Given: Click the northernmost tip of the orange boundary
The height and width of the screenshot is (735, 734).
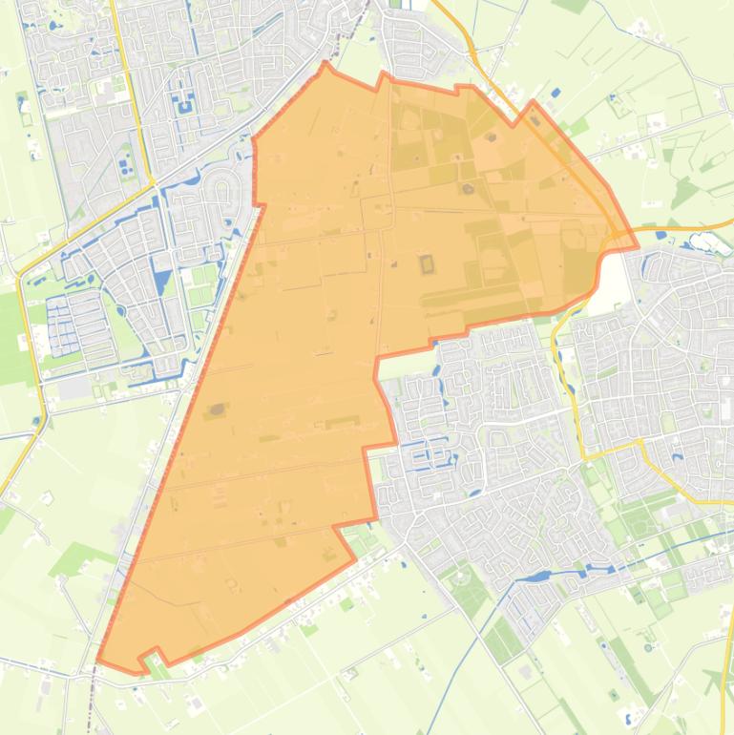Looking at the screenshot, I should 325,63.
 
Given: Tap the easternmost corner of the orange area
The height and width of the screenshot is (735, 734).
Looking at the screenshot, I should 637,247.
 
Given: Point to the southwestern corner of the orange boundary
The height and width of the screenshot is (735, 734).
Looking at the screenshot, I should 98,660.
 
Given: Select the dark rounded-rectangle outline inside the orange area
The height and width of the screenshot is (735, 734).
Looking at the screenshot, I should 426,262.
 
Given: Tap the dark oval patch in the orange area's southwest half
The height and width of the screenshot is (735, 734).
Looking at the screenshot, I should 218,410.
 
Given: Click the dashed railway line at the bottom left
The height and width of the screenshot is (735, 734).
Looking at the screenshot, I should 94,697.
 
